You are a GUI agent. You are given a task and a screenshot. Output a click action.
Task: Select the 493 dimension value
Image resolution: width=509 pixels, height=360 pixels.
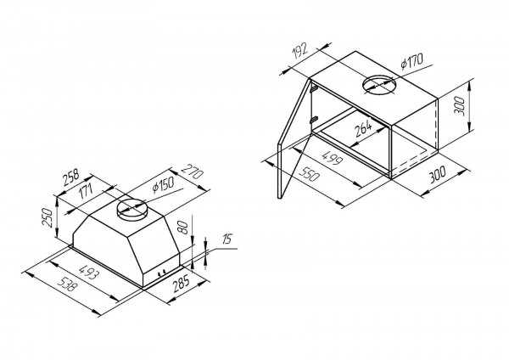coord(88,273)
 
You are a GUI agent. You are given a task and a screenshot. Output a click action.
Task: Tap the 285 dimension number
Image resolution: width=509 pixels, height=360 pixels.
coord(181,283)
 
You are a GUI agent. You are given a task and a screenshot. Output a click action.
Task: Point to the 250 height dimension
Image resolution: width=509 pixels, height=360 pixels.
coord(48,217)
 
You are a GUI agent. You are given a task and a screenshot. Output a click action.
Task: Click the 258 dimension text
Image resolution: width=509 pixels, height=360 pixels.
coord(71,177)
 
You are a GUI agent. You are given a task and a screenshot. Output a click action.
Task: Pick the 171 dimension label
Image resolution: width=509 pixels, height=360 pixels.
coord(86,191)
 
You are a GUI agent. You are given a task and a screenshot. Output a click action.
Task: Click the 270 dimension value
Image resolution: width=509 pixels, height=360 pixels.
coord(193,172)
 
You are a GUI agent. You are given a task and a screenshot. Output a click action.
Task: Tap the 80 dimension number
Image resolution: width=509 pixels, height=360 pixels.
coord(182,227)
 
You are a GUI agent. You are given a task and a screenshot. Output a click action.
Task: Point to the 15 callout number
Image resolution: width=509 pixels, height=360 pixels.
coord(227,239)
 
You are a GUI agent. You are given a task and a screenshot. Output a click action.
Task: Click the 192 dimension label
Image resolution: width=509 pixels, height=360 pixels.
coord(299,51)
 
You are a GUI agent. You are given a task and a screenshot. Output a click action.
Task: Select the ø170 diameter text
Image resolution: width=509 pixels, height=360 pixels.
coord(412,61)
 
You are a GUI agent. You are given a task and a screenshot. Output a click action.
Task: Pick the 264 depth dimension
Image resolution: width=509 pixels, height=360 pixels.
coord(363,128)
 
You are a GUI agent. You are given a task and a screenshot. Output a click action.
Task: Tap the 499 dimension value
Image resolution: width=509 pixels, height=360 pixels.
coord(332,157)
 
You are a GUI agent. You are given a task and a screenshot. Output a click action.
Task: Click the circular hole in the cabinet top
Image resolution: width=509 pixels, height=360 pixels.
coord(379,85)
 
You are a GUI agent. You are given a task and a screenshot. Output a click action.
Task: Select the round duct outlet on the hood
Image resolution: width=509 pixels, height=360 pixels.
coord(131,210)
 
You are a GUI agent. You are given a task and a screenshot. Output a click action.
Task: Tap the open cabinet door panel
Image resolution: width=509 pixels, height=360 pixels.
coord(294,138)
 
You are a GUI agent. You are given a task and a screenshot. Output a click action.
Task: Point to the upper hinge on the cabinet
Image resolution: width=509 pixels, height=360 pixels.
coord(314,88)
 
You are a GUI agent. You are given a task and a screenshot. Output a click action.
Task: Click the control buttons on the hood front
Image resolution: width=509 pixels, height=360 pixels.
coord(162,273)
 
